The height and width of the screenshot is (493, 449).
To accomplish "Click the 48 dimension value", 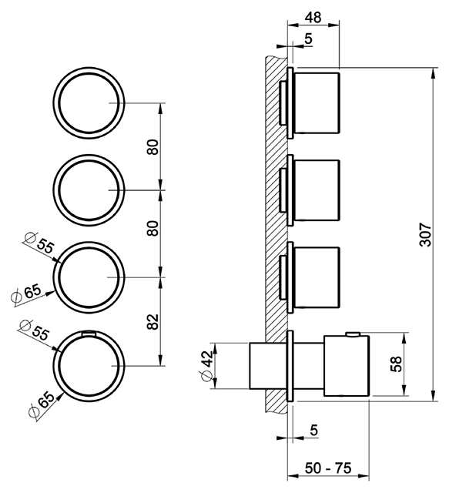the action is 313,17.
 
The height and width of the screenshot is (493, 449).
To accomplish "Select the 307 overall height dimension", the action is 426,234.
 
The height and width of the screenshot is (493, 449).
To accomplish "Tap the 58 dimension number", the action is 397,364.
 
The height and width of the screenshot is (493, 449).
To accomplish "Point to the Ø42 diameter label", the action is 207,365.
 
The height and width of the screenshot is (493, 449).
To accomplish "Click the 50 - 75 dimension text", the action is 328,468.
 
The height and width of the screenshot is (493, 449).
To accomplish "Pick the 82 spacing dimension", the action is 153,321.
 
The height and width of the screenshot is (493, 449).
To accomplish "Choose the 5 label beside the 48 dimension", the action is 309,39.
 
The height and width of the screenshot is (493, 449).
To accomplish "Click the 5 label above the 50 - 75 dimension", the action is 313,430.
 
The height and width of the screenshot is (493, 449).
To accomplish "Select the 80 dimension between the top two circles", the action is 153,146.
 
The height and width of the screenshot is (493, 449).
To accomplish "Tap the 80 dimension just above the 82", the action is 153,228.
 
